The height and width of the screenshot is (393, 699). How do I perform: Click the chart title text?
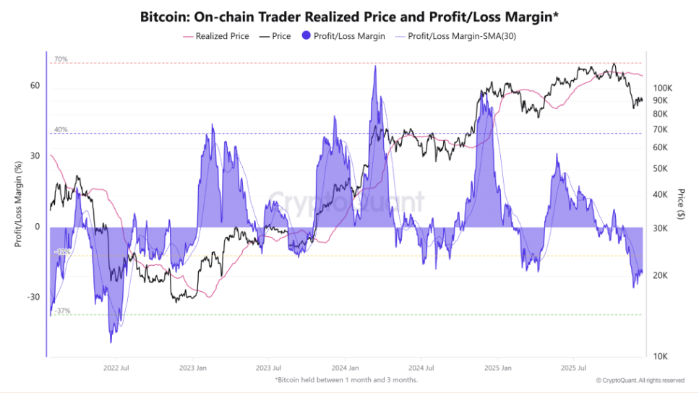(348, 16)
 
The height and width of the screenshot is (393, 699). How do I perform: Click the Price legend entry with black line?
(278, 36)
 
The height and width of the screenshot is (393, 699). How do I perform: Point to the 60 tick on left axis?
(35, 86)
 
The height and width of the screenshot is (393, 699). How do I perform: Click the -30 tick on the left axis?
(33, 297)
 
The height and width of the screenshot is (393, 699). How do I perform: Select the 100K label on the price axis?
(662, 88)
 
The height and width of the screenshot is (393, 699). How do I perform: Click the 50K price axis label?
(661, 169)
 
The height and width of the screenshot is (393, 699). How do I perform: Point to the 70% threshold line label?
(61, 59)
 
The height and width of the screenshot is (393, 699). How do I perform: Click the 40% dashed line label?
(61, 130)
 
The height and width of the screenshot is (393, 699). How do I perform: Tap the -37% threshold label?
(62, 311)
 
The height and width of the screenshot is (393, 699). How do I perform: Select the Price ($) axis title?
(681, 204)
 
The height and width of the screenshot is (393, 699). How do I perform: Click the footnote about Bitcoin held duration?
(346, 380)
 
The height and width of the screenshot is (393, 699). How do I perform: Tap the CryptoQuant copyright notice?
(640, 380)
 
